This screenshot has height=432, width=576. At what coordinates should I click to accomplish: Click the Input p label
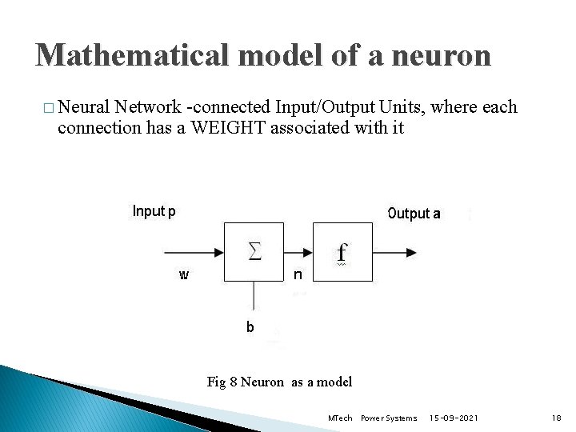pos(154,212)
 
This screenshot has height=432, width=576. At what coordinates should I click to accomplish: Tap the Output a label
pos(414,214)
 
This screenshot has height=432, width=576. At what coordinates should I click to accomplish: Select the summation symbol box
pos(254,252)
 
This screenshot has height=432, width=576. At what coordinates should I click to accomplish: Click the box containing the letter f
pos(342,252)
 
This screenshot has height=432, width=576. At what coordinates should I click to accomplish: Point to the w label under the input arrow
pos(184,275)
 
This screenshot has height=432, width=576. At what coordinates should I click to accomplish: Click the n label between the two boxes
pos(297,275)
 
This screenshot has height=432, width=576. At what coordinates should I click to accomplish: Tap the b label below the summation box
pos(250,326)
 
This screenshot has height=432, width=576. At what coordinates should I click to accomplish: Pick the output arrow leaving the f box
pos(395,252)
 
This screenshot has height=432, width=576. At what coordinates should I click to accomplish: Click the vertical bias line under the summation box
pos(254,296)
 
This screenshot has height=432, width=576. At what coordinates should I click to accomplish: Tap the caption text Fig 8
pos(222,382)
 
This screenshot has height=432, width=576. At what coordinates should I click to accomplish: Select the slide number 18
pos(557,418)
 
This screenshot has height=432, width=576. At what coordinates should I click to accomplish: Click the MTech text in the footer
pos(340,418)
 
